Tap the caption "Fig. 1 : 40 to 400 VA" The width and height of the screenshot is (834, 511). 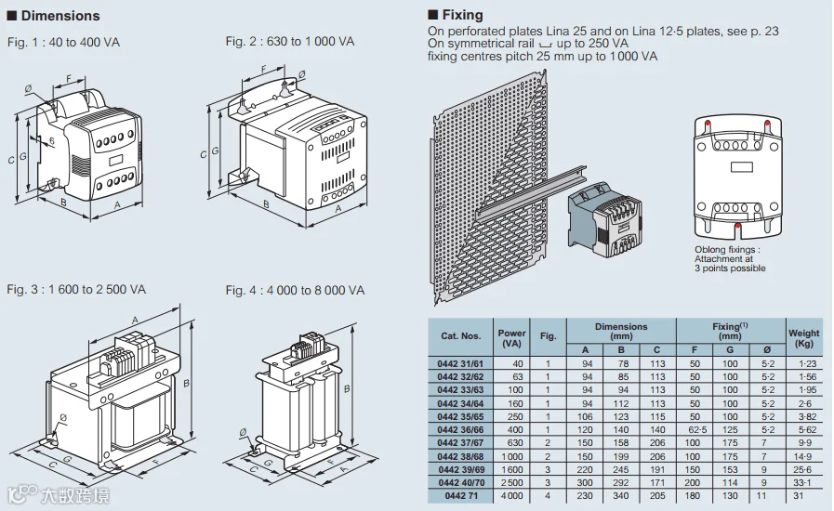(63, 43)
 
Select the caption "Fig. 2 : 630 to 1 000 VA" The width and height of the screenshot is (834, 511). (289, 42)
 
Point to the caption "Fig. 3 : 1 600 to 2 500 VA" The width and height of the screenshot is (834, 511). (76, 289)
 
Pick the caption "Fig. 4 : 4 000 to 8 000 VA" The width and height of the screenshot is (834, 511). (295, 290)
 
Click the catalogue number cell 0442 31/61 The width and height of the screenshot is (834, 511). (460, 363)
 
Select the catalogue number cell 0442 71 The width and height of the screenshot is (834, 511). (460, 496)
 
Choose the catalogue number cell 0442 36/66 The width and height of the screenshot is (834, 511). (460, 430)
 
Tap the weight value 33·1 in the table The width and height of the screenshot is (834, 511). (803, 483)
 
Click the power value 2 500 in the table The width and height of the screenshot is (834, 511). (511, 483)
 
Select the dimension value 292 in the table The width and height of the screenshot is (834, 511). (622, 483)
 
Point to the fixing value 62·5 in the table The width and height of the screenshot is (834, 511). (694, 430)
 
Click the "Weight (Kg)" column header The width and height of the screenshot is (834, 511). (803, 337)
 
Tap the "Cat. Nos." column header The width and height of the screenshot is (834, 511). (460, 336)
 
